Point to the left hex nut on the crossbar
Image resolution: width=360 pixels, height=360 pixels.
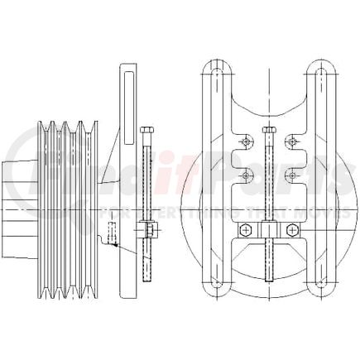[x=247, y=228]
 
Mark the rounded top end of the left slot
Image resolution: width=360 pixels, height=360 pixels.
[x=215, y=73]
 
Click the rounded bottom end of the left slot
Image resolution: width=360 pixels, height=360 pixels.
[x=215, y=286]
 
